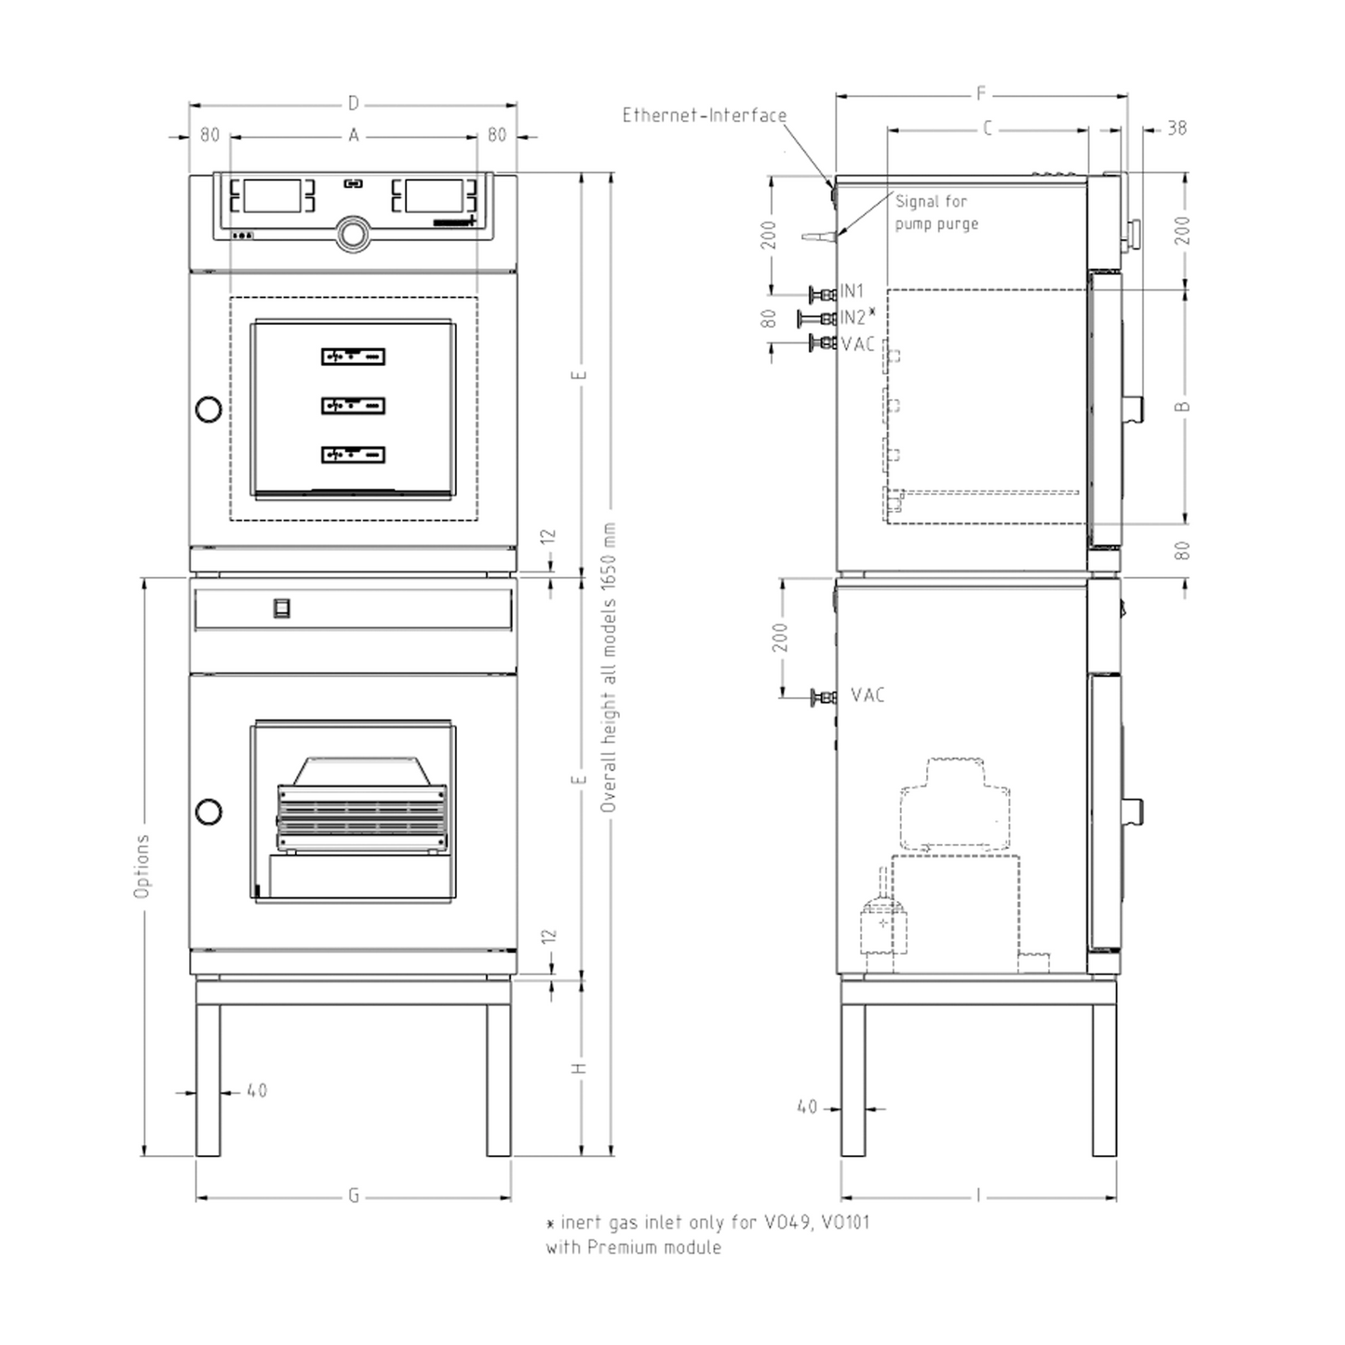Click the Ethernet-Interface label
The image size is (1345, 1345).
click(705, 115)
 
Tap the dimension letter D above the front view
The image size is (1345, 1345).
click(353, 104)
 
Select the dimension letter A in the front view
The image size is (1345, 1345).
click(353, 135)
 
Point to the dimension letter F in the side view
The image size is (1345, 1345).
click(981, 93)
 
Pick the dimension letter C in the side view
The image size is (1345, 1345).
click(987, 128)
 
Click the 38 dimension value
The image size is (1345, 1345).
click(1177, 128)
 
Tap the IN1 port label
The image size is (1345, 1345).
click(853, 290)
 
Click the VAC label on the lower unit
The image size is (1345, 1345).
click(868, 694)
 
